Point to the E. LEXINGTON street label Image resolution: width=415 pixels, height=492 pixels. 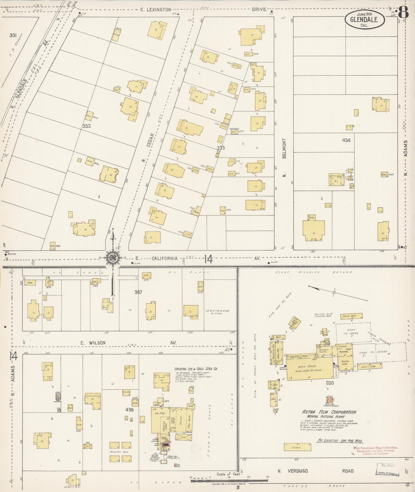[x=156, y=10]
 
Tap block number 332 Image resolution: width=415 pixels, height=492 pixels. [x=87, y=126]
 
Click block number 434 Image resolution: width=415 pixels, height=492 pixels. [x=346, y=140]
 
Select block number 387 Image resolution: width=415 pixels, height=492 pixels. [x=138, y=292]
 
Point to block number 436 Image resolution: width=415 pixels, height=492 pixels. [x=129, y=410]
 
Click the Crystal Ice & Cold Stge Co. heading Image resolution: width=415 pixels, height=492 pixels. [x=196, y=369]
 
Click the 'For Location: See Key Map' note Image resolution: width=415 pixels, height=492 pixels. [x=340, y=441]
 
